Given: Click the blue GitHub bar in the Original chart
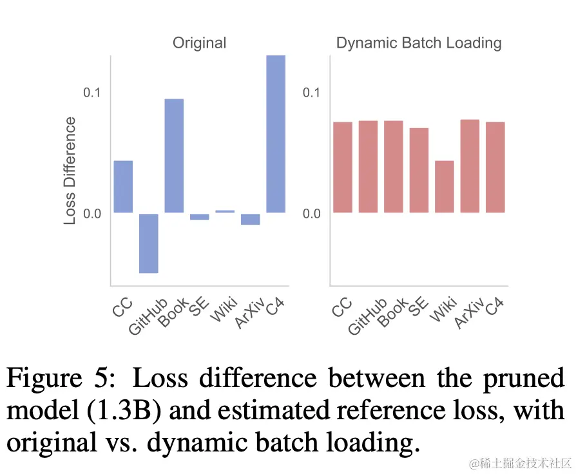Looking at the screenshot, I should click(x=149, y=243).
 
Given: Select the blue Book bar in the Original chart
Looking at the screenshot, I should click(x=174, y=156).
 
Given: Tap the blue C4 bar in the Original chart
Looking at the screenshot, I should click(x=276, y=134).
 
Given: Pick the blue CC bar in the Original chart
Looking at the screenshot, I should click(x=123, y=186).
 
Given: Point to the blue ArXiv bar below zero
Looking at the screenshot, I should click(x=251, y=219).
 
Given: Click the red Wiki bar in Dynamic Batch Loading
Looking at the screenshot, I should click(x=445, y=186).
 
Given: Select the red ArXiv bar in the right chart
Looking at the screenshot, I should click(x=470, y=166).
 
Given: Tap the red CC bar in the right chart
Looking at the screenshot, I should click(x=343, y=167).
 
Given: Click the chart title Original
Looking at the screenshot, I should click(x=199, y=43).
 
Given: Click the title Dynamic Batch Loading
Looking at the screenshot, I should click(x=419, y=43).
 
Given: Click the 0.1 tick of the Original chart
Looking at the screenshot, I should click(x=93, y=92).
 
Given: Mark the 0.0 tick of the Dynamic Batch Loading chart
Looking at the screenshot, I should click(x=312, y=213).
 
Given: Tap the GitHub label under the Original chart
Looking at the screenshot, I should click(x=148, y=316).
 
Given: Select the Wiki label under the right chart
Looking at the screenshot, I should click(x=443, y=310).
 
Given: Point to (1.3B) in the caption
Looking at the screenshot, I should click(x=130, y=410).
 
